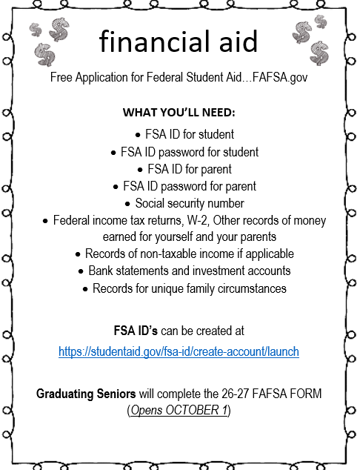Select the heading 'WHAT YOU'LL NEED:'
pyautogui.click(x=179, y=113)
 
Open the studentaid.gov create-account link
pyautogui.click(x=179, y=351)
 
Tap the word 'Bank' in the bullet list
pyautogui.click(x=102, y=271)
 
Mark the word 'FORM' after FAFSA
pyautogui.click(x=303, y=393)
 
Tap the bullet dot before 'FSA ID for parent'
pyautogui.click(x=139, y=170)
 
